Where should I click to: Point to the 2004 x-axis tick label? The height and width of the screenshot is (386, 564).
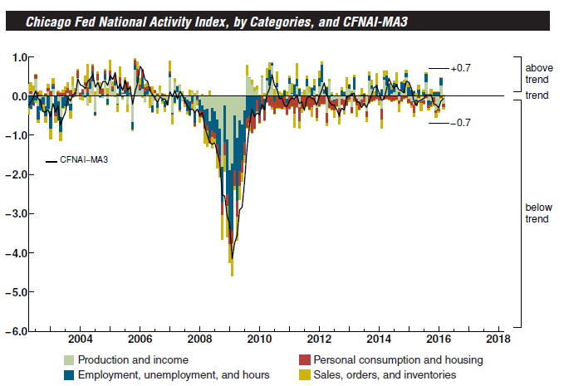80,339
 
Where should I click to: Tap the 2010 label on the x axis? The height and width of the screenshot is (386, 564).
259,339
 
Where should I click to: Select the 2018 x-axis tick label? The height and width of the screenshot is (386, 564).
498,339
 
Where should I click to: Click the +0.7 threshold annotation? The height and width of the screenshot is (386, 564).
460,68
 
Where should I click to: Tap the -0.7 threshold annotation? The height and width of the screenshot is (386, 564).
460,123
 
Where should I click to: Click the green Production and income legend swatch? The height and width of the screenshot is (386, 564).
71,360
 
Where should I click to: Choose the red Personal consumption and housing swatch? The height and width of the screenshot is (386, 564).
304,360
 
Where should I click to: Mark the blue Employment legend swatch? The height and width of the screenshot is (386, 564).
71,375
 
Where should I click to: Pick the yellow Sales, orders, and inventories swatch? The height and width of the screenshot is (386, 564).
304,375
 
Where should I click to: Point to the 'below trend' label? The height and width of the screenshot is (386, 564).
537,213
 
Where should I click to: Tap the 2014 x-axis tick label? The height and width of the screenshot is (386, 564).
379,339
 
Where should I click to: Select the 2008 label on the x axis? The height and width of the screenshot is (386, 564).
199,339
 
